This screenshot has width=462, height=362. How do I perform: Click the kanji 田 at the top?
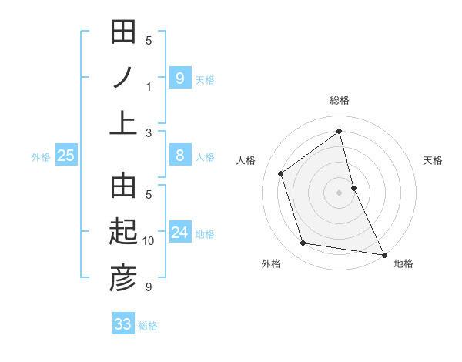pyautogui.click(x=123, y=32)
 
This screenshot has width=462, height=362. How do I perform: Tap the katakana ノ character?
pyautogui.click(x=123, y=78)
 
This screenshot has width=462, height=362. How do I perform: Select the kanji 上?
pyautogui.click(x=123, y=123)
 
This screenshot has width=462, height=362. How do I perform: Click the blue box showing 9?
pyautogui.click(x=179, y=78)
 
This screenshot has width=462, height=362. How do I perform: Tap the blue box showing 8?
pyautogui.click(x=179, y=156)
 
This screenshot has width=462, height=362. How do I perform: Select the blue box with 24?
pyautogui.click(x=179, y=233)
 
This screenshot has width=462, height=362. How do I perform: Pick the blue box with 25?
pyautogui.click(x=66, y=156)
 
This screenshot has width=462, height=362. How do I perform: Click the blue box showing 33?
pyautogui.click(x=122, y=324)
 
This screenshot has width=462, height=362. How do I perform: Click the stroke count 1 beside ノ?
pyautogui.click(x=149, y=86)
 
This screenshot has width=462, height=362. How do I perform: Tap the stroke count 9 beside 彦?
pyautogui.click(x=149, y=287)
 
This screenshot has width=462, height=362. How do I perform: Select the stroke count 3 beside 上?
pyautogui.click(x=149, y=132)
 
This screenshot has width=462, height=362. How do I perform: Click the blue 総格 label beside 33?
pyautogui.click(x=148, y=326)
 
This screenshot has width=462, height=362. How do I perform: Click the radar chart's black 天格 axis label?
pyautogui.click(x=434, y=161)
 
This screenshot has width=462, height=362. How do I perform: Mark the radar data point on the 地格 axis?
pyautogui.click(x=383, y=254)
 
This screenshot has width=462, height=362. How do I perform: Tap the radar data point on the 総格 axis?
pyautogui.click(x=340, y=131)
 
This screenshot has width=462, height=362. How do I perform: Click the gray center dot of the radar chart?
pyautogui.click(x=340, y=192)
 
